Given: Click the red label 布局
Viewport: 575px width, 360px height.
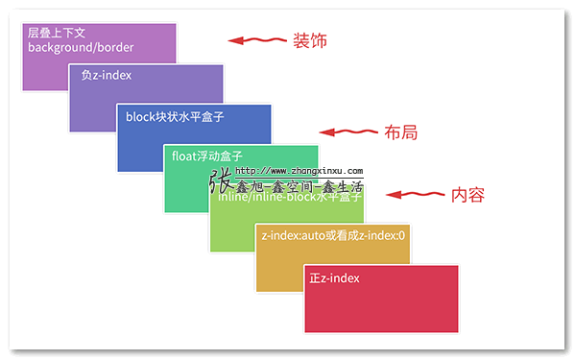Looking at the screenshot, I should point(401,132).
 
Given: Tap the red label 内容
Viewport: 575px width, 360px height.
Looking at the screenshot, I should point(467,195).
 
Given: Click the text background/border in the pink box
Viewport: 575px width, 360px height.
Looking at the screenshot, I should point(82,47).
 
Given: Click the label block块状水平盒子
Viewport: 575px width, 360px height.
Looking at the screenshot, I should point(175,117).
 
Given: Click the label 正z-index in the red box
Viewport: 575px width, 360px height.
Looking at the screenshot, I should point(334,278).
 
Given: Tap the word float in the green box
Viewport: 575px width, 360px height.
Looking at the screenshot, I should point(184,156).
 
